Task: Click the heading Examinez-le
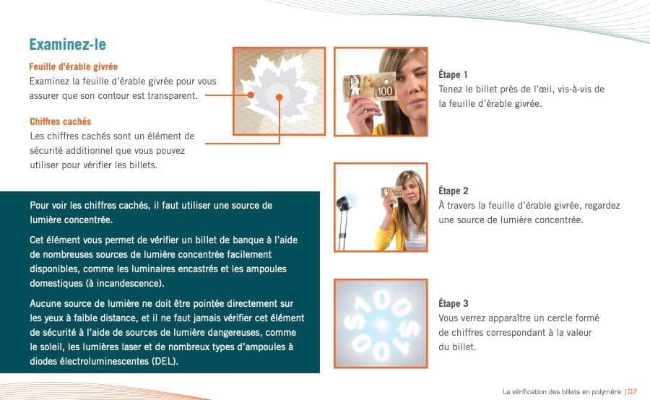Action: click(x=68, y=45)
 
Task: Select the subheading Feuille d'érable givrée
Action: click(x=74, y=66)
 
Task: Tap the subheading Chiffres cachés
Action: click(x=61, y=121)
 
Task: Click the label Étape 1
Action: click(x=453, y=75)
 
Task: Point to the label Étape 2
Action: click(x=454, y=191)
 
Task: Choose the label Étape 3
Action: click(x=454, y=303)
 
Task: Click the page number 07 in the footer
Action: click(x=632, y=392)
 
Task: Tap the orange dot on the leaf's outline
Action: click(x=251, y=95)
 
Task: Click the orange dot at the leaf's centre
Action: click(x=279, y=97)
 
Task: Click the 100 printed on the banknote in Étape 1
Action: click(x=385, y=91)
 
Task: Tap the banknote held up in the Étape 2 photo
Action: click(x=391, y=191)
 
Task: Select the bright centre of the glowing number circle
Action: click(x=381, y=323)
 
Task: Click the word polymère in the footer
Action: click(x=607, y=392)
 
